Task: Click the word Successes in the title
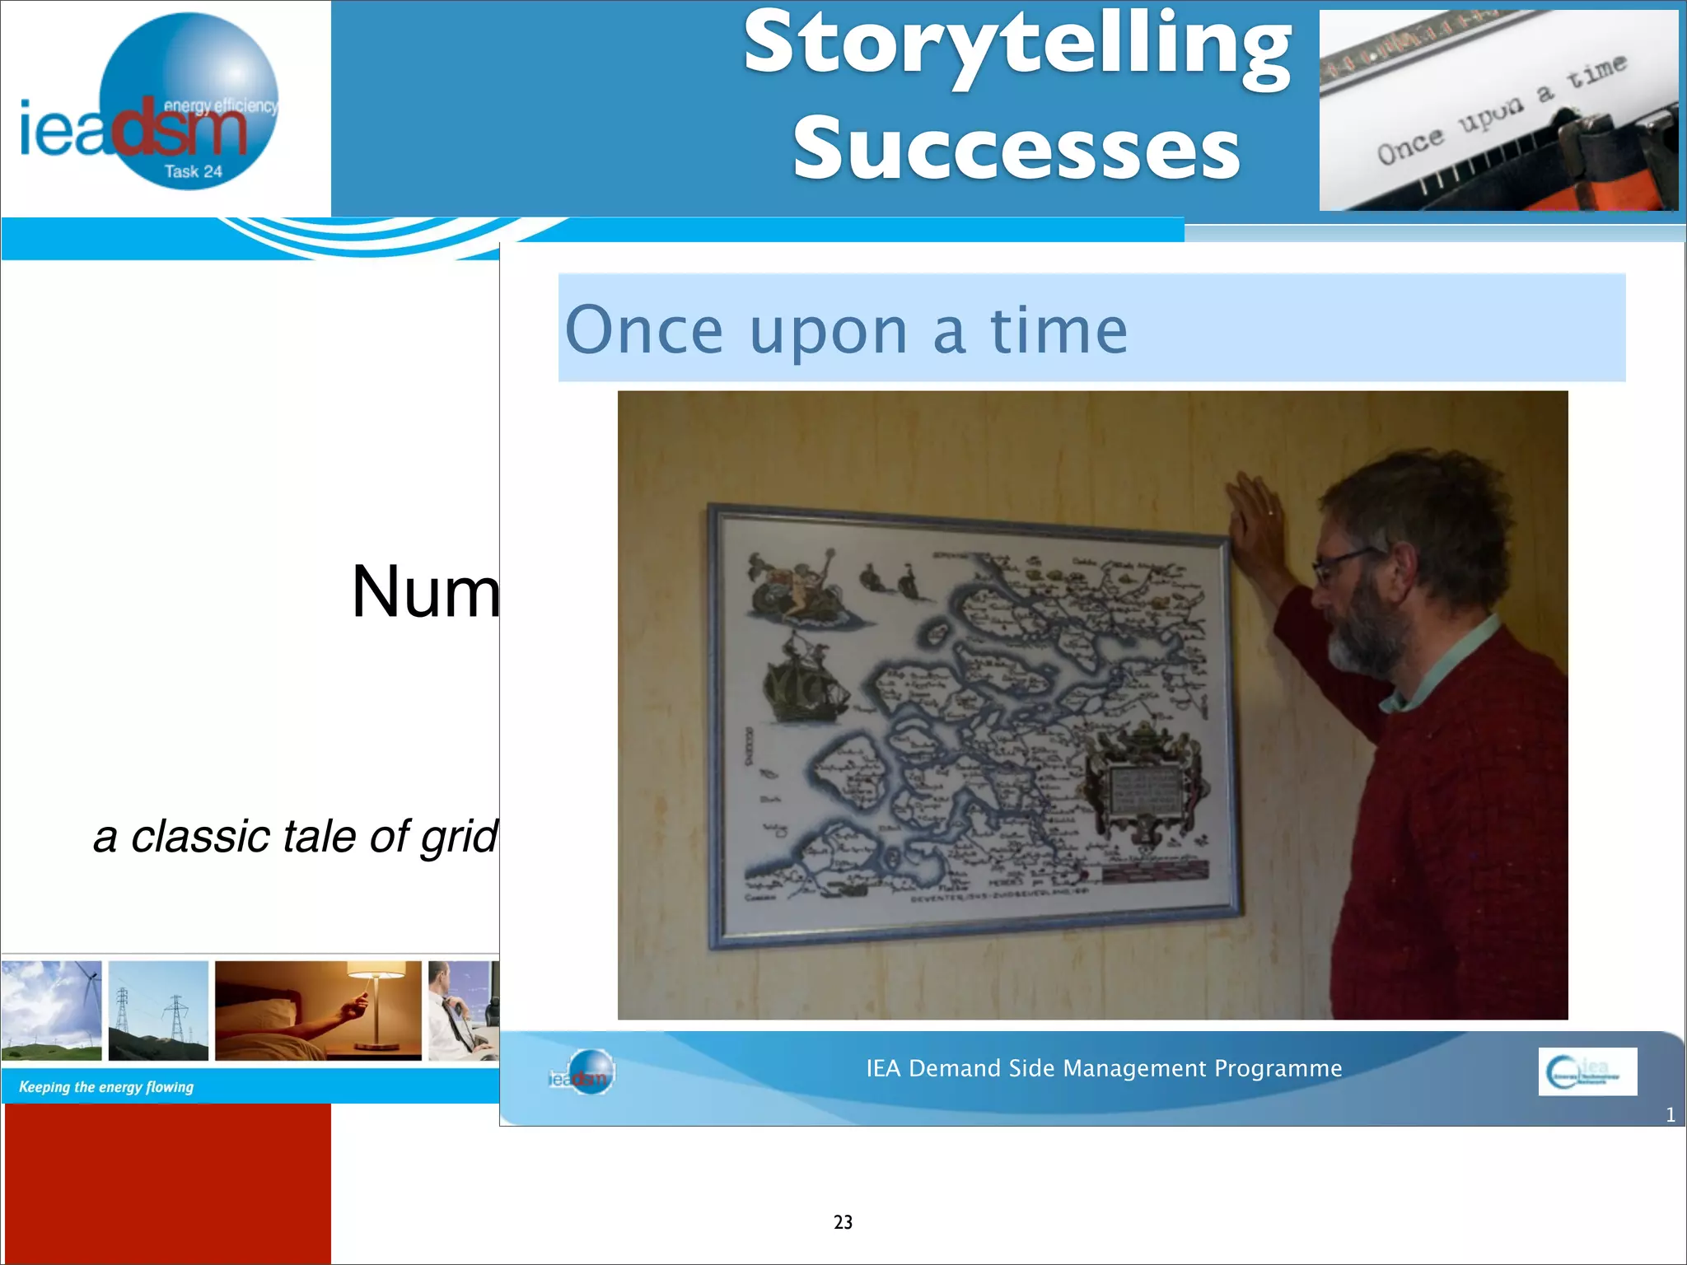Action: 1016,149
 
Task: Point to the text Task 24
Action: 193,171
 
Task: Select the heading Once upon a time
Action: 846,330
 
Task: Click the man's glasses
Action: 1343,565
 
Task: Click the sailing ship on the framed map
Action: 803,679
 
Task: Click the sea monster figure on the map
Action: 795,585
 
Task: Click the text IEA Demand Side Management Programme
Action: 1104,1068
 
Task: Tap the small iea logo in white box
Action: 1587,1071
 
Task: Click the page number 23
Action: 843,1222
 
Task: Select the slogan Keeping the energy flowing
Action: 106,1087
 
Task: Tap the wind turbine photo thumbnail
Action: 51,1011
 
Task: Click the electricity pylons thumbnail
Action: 158,1011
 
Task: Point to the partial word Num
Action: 425,591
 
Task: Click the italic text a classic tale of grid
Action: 296,837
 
